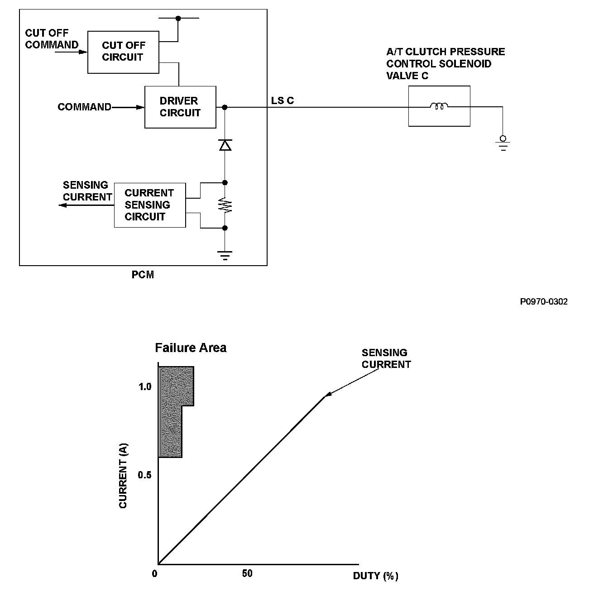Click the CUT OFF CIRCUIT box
[x=123, y=52]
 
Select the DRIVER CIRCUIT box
[x=180, y=107]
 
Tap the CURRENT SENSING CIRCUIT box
[x=149, y=205]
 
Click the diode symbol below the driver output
[x=225, y=145]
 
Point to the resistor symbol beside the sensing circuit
[x=225, y=205]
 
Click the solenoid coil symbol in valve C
[x=439, y=107]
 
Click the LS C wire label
[x=283, y=100]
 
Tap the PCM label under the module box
[x=143, y=275]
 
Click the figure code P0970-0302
[x=544, y=302]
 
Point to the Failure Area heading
[x=191, y=348]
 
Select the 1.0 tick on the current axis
[x=145, y=387]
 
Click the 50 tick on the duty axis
[x=247, y=574]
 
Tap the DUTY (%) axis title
[x=376, y=576]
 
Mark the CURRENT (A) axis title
[x=123, y=475]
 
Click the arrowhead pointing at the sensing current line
[x=329, y=395]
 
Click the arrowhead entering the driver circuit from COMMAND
[x=140, y=107]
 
